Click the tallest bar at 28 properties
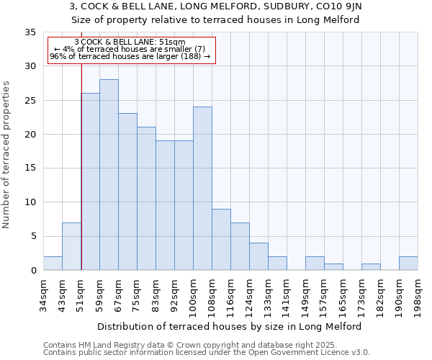[x=109, y=175]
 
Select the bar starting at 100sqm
[x=202, y=189]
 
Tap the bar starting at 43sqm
[x=71, y=246]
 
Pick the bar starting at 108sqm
[x=221, y=240]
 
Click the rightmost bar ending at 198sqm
[x=408, y=264]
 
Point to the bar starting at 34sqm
[x=53, y=264]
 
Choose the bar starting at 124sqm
[x=258, y=256]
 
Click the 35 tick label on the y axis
[x=30, y=32]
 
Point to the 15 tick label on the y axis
[x=30, y=168]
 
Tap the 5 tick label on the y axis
[x=33, y=236]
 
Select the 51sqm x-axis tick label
[x=81, y=295]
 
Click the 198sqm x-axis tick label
[x=418, y=297]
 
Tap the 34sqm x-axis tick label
[x=43, y=295]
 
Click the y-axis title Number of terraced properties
[x=7, y=155]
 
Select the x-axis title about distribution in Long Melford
[x=229, y=326]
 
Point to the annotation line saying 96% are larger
[x=130, y=56]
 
